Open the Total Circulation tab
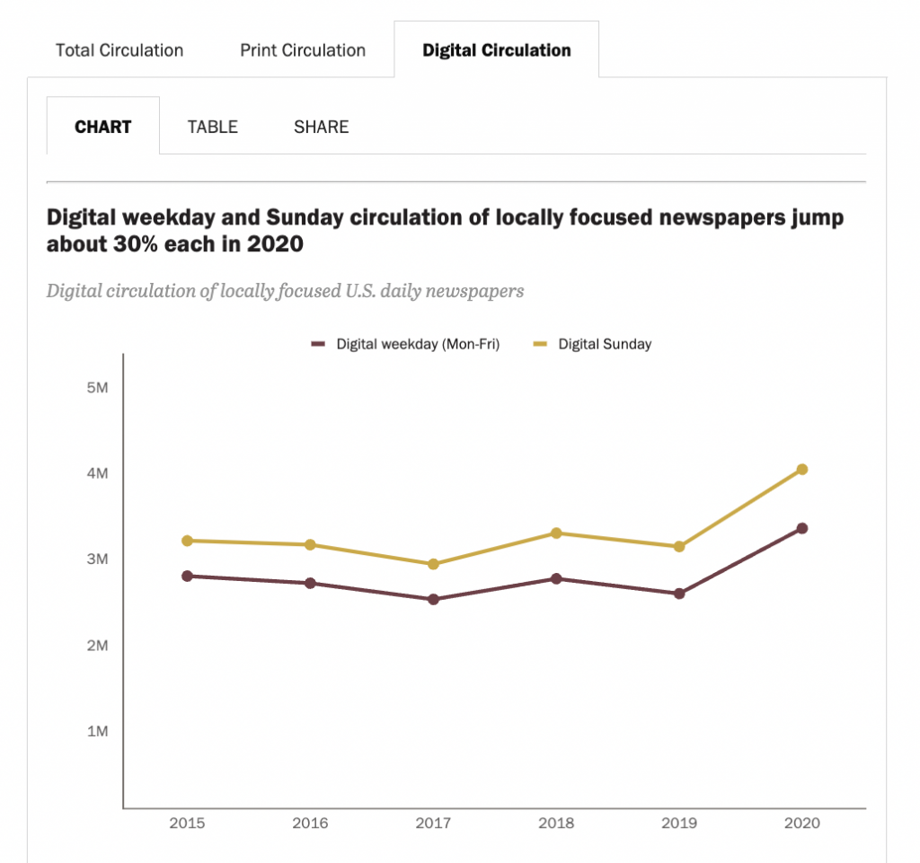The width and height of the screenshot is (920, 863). point(119,50)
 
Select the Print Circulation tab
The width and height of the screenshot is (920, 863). point(303,50)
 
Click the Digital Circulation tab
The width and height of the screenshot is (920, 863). point(496,50)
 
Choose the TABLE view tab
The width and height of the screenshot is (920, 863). point(213,127)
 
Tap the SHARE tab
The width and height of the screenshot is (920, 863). point(321,127)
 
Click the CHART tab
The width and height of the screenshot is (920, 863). point(103,127)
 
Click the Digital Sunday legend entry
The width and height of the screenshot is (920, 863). point(604,344)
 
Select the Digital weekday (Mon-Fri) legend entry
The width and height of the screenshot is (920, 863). point(417,344)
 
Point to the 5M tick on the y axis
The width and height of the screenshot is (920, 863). point(97,387)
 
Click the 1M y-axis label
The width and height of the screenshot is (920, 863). point(97,731)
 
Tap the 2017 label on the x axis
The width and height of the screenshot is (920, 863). point(433,823)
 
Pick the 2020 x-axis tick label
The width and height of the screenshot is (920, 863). point(801,823)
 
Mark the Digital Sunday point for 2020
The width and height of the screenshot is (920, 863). point(802,469)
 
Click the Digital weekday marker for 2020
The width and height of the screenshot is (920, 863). point(802,528)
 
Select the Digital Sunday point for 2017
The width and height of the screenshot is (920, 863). point(433,564)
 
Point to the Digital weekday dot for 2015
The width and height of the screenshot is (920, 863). point(187,576)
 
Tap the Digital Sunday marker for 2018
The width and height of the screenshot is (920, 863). point(556,533)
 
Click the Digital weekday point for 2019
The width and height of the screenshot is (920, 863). point(679,594)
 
